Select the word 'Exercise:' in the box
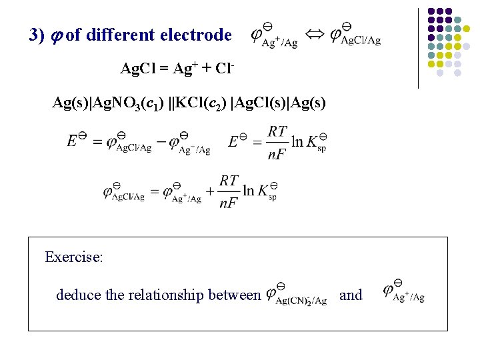coord(74,257)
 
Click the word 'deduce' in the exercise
coord(77,295)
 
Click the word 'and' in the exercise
coord(351,295)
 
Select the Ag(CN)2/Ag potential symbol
coord(296,295)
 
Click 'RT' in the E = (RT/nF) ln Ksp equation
coord(277,132)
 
